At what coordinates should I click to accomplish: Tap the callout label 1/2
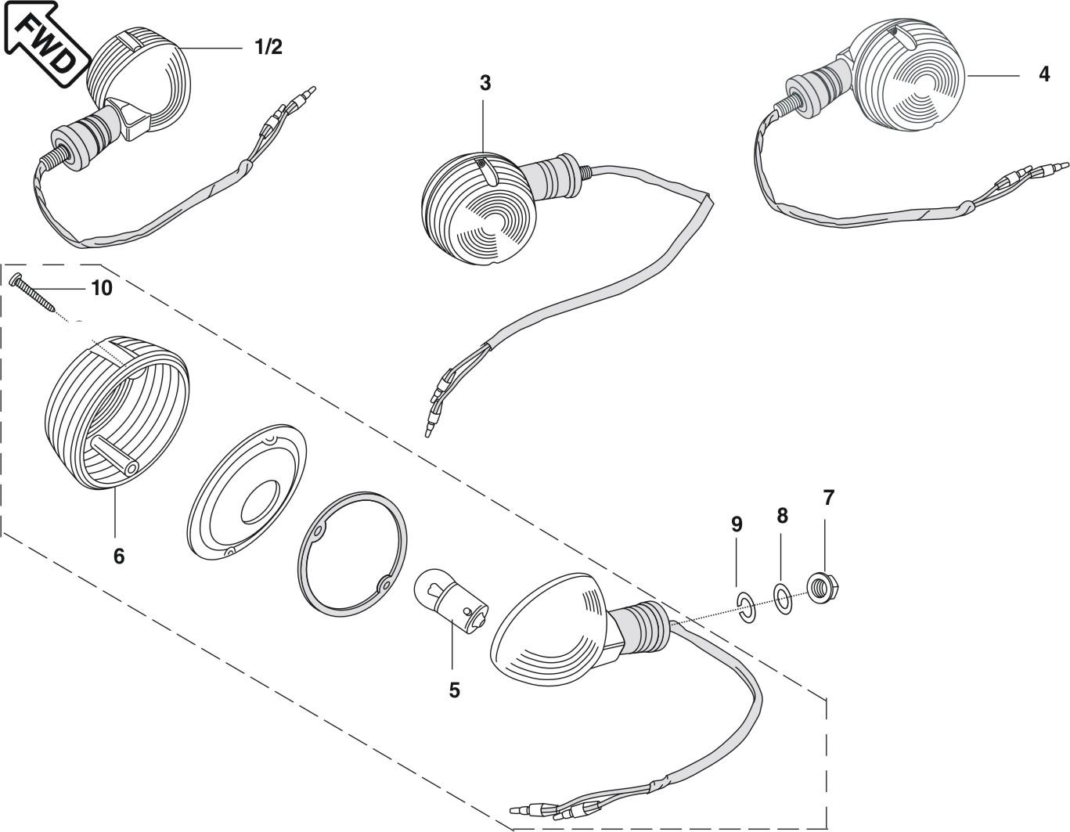[x=268, y=47]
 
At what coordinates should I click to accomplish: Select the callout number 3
[x=485, y=83]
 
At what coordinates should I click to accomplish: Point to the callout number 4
[x=1043, y=74]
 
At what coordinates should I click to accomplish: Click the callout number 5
[x=454, y=690]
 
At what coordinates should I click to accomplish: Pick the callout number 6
[x=118, y=556]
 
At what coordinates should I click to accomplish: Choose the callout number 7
[x=829, y=497]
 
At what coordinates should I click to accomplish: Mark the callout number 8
[x=782, y=516]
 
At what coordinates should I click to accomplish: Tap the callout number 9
[x=737, y=524]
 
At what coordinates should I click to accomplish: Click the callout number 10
[x=102, y=288]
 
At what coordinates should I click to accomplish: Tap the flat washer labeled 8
[x=782, y=599]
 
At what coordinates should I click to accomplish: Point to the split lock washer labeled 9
[x=746, y=607]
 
